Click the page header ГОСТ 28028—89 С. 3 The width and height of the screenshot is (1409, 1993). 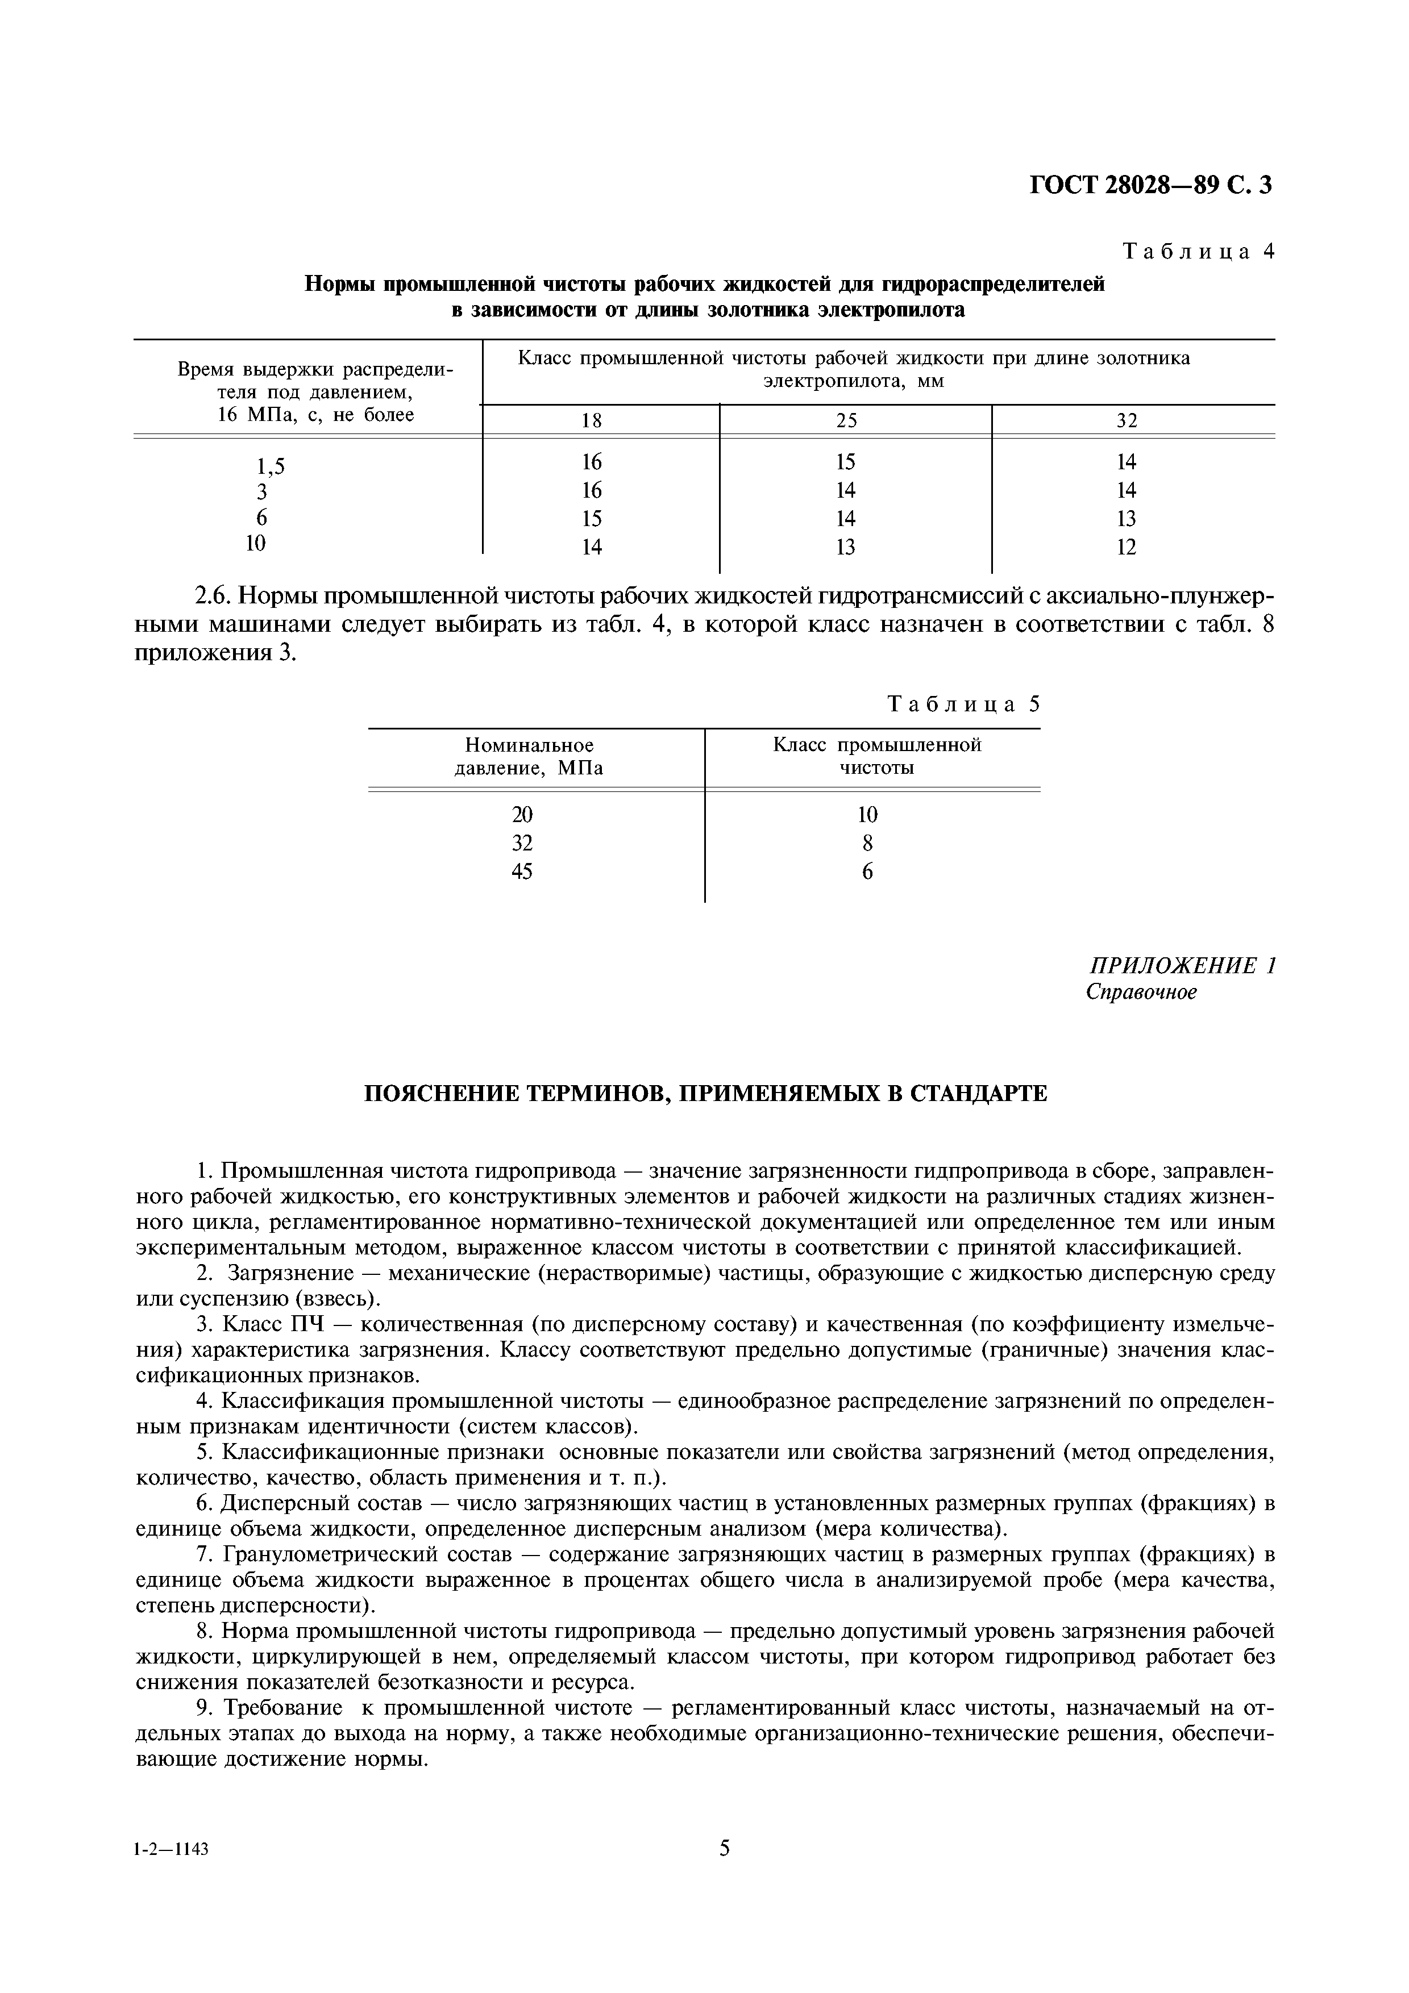(1150, 186)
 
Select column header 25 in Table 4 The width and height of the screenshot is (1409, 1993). (846, 421)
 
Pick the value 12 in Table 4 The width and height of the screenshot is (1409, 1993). (1126, 548)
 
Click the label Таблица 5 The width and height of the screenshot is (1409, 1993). (963, 705)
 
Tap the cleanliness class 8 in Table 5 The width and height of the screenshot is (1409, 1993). (867, 844)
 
